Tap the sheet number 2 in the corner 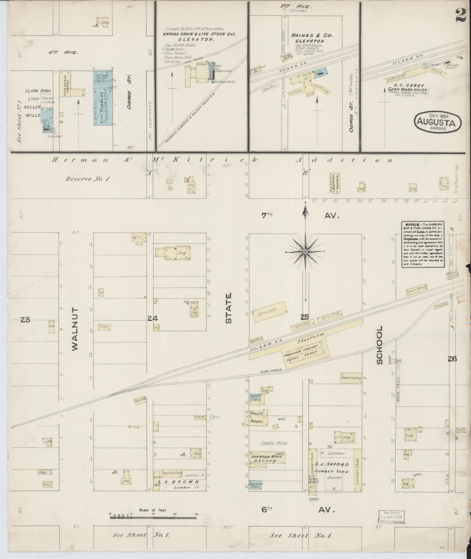(x=460, y=14)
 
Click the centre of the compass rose (x=305, y=252)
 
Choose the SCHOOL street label (x=379, y=345)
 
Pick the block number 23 (x=25, y=320)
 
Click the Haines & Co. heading (x=312, y=35)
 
